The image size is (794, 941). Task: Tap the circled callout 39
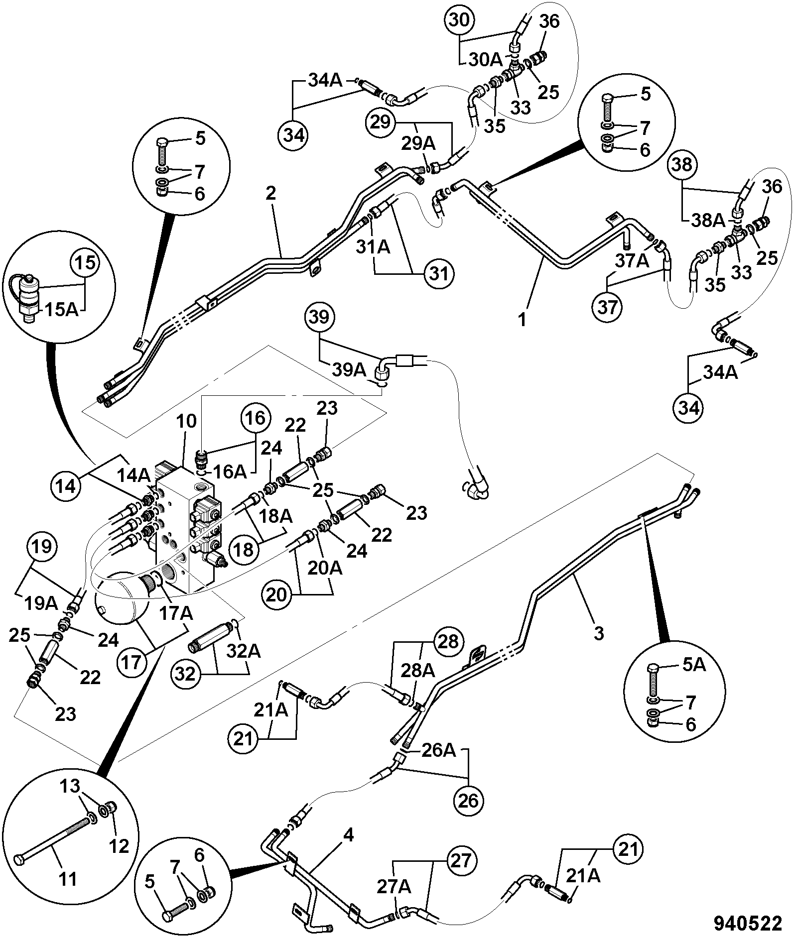pyautogui.click(x=319, y=317)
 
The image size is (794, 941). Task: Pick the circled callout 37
pyautogui.click(x=608, y=307)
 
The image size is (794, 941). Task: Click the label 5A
pyautogui.click(x=692, y=664)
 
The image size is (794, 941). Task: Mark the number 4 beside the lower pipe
pyautogui.click(x=349, y=834)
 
